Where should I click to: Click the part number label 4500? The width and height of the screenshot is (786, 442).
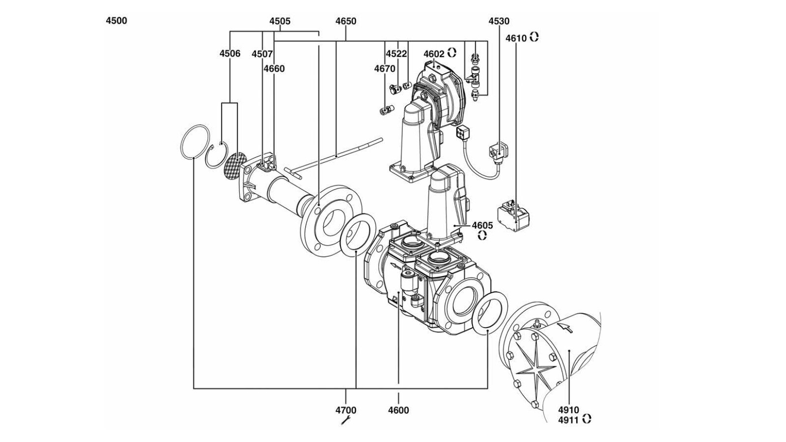click(x=116, y=21)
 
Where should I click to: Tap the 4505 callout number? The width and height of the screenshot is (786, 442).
click(x=280, y=22)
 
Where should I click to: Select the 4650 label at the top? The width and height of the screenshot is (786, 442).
click(x=346, y=22)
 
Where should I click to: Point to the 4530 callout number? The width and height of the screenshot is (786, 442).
click(x=499, y=22)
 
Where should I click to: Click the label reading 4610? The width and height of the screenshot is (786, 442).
click(x=516, y=39)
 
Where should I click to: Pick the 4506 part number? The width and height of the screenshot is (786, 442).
click(x=230, y=54)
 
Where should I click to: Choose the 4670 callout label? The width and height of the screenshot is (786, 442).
click(x=385, y=69)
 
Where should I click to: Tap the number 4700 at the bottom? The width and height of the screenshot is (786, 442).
click(x=346, y=410)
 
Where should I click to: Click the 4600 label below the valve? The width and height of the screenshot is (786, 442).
click(x=398, y=410)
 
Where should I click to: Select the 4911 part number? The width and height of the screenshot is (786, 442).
click(x=568, y=419)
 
